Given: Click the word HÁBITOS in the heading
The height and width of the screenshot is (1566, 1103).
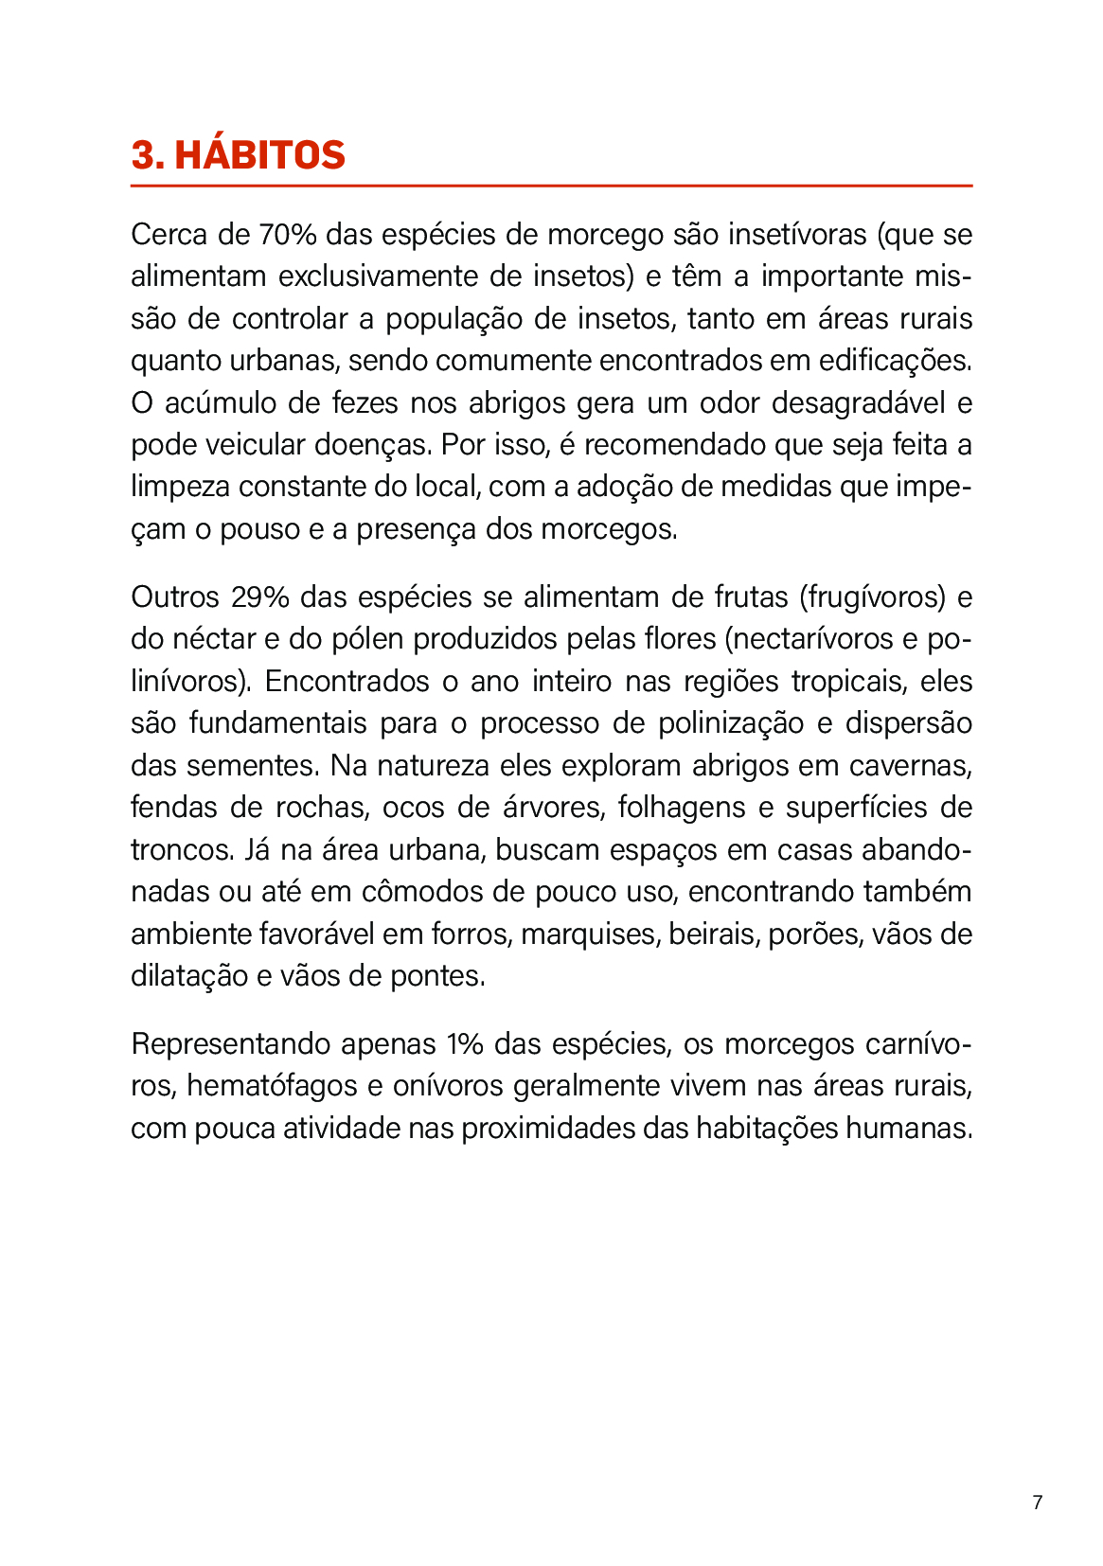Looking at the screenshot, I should pos(260,155).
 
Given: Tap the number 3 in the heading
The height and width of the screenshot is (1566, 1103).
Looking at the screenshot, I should pos(142,155).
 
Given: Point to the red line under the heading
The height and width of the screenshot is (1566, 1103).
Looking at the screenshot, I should pos(551,186).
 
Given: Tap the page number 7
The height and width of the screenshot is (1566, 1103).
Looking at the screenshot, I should pos(1038,1502).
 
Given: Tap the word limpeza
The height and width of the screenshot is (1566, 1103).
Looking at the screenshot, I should pos(180,487).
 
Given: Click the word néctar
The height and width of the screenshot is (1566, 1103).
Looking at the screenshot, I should pos(213,639).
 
